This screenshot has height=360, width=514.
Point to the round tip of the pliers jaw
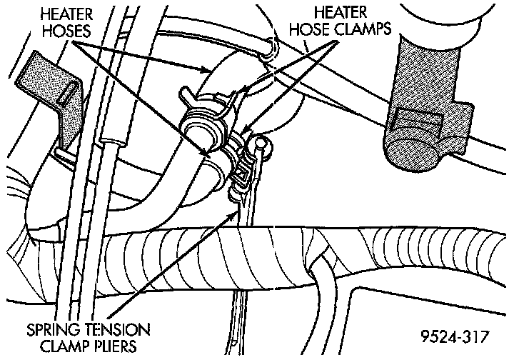263,145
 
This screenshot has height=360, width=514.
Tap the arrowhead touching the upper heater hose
208,70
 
